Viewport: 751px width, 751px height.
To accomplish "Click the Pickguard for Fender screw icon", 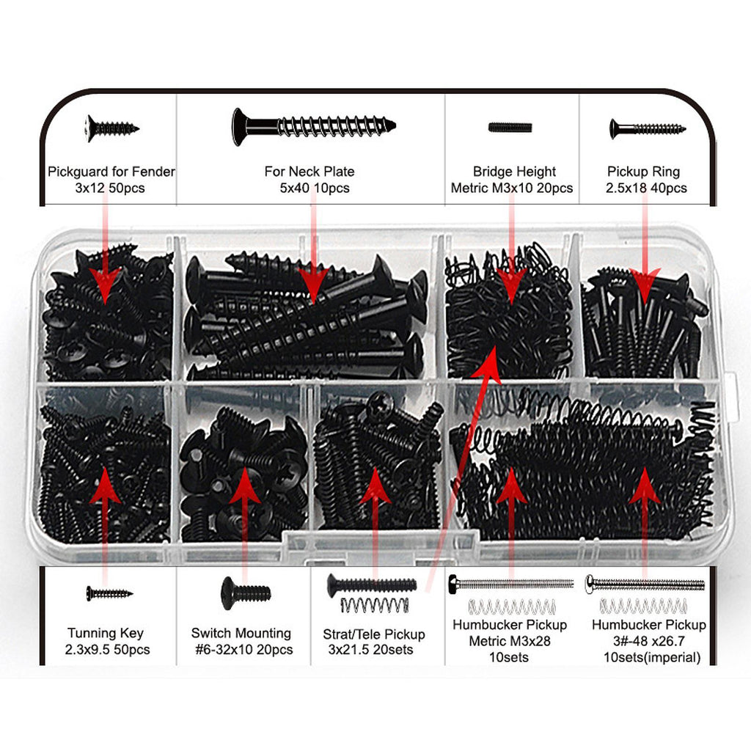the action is [112, 128].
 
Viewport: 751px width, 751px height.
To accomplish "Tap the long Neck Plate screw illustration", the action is [314, 126].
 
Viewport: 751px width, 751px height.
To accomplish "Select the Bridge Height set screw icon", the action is [510, 128].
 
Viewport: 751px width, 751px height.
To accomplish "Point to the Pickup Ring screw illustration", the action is [647, 129].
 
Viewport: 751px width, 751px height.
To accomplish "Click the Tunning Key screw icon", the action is [109, 593].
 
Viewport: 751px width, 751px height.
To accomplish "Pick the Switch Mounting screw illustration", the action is [246, 593].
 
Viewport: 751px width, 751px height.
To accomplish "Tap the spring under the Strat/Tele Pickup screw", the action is [375, 605].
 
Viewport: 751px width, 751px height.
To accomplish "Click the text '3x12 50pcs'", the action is [110, 188].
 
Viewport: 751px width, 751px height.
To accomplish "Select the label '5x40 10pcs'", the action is [315, 188].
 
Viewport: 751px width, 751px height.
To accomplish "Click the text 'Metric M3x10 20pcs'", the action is [511, 188].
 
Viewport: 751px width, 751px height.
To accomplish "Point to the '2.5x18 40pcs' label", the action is [646, 188].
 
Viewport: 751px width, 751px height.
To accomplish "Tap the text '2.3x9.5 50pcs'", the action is [107, 650].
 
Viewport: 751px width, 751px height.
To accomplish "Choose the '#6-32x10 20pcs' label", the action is [243, 650].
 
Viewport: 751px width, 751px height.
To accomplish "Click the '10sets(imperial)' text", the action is [651, 657].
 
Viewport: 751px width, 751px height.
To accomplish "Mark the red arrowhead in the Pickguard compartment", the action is [106, 285].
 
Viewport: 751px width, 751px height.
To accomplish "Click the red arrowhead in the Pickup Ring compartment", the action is [645, 286].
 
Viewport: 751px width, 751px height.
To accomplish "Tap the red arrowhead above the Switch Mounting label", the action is [245, 485].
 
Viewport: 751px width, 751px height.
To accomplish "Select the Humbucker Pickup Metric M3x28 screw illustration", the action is [510, 585].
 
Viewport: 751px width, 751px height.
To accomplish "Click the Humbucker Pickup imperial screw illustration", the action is [645, 584].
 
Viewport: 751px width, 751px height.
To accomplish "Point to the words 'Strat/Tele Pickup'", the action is [374, 634].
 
